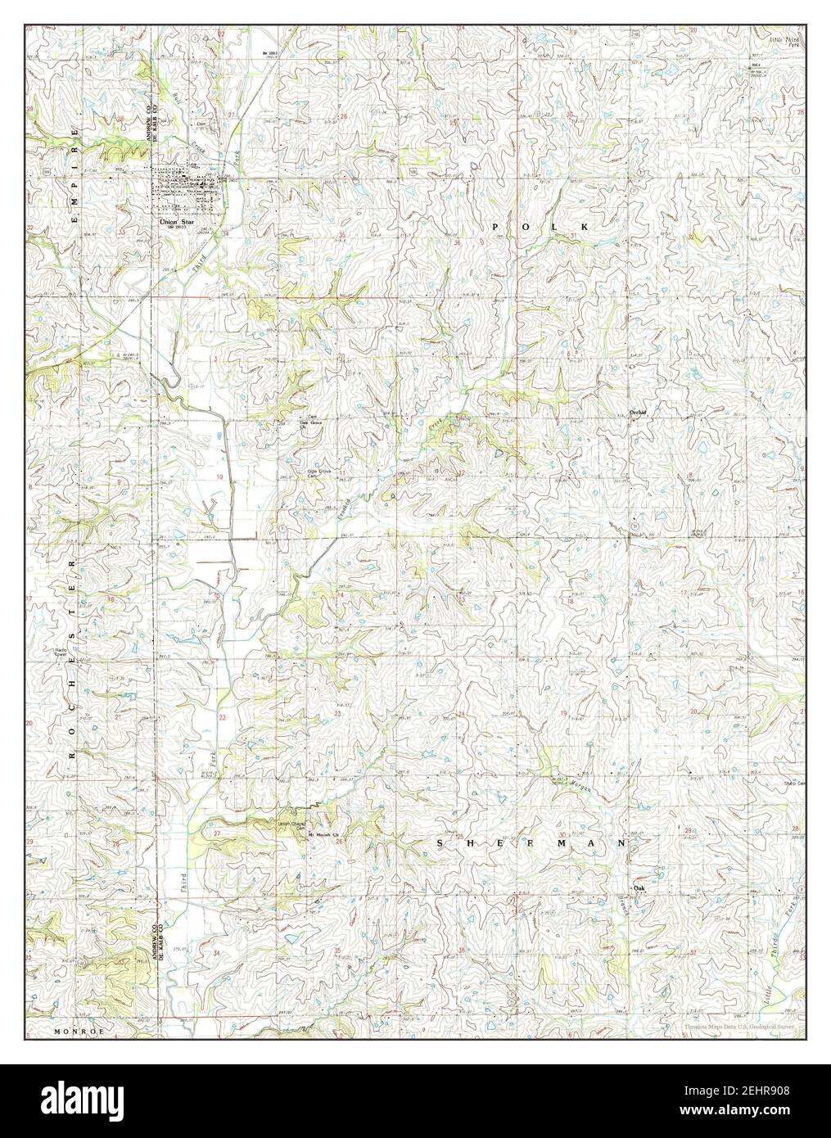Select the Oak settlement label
pyautogui.click(x=639, y=888)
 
